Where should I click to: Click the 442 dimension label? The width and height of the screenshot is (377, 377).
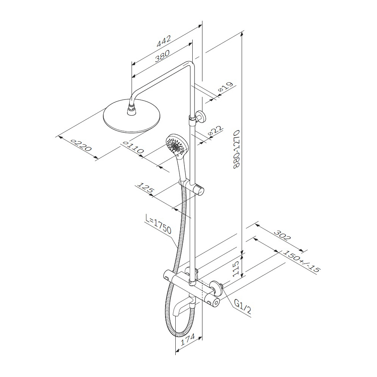(x=164, y=41)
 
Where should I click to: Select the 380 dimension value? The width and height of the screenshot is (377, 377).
(x=162, y=56)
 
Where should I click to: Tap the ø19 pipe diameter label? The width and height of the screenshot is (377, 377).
(x=225, y=87)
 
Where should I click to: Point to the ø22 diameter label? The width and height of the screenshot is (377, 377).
(x=215, y=132)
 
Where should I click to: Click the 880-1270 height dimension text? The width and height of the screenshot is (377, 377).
(x=237, y=149)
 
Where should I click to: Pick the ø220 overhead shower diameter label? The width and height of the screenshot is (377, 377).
(x=81, y=145)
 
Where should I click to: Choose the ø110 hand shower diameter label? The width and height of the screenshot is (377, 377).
(x=133, y=147)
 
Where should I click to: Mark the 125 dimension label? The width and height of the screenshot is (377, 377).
(x=145, y=188)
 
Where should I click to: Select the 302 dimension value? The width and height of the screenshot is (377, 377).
(x=282, y=236)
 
